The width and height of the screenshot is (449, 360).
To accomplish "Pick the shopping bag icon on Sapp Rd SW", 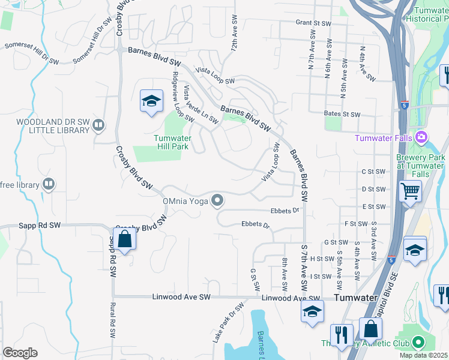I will [124, 240].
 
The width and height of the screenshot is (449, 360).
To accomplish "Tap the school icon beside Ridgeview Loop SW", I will [152, 101].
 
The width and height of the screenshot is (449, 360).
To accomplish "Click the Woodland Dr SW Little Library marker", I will [99, 125].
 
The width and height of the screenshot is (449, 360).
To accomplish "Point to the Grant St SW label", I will [313, 23].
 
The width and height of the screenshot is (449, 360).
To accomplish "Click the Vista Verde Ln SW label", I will [201, 104].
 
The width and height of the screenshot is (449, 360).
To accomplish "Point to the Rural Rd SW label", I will [112, 320].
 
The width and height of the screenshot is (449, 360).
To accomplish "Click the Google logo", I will [20, 353].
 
